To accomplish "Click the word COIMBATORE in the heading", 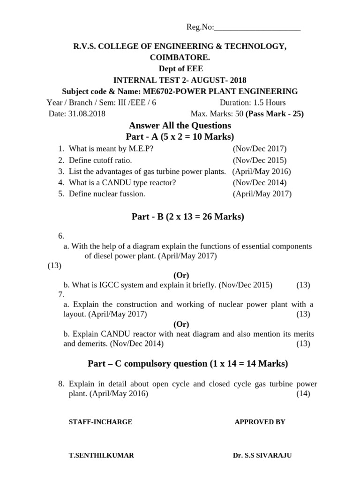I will point(180,58).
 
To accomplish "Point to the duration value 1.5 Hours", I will point(269,103).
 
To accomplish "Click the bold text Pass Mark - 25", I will point(275,114).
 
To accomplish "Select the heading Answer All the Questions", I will point(180,126).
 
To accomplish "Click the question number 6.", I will point(61,236).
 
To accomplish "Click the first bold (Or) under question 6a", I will point(181,275).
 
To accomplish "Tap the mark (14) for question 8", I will point(303,394).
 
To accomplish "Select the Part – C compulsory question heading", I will point(188,363).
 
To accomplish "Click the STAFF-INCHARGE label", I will point(100,422).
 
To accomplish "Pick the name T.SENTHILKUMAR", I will point(101,456).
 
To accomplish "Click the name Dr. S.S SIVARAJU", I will point(262,456).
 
